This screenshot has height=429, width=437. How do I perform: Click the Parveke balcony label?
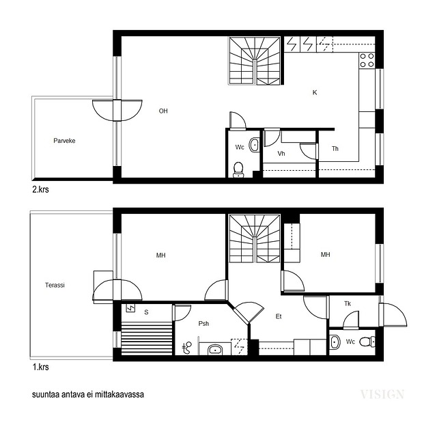coord(64,141)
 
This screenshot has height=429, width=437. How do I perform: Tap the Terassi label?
coord(55,285)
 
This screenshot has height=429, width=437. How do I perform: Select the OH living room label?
coord(163,111)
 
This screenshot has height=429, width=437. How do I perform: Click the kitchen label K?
coord(315,92)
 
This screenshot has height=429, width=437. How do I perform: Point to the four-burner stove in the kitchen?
coord(367,60)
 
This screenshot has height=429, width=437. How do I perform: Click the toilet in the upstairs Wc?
coord(238,169)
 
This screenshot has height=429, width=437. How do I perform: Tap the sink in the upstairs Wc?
coord(254,145)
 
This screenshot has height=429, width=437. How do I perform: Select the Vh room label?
coord(281,154)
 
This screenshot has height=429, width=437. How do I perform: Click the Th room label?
coord(335,148)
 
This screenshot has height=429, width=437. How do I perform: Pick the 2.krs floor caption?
coord(41,189)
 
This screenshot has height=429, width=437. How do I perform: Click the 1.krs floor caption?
coord(41,367)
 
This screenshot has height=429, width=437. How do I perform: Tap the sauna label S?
coord(146,312)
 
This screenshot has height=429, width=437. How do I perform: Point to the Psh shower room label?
coord(203,324)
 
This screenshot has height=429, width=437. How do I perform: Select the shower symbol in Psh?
coord(187,348)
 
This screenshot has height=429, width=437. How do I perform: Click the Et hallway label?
coord(279,316)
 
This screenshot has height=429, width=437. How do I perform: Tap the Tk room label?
coord(348,303)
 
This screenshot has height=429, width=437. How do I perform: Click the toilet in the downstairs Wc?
coord(367,342)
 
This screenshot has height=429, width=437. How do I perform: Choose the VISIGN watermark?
coord(382,394)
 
